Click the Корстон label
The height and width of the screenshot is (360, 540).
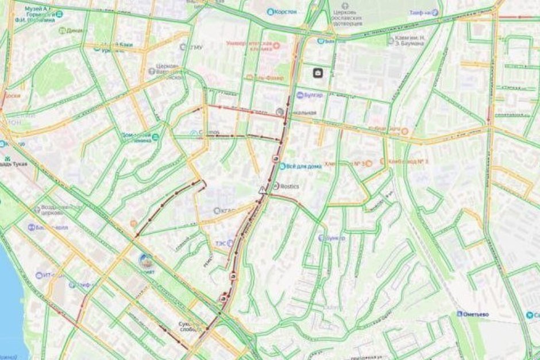pyautogui.click(x=285, y=11)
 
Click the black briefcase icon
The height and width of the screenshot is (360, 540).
pyautogui.click(x=318, y=73)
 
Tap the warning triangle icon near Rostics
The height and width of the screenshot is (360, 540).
pyautogui.click(x=263, y=189)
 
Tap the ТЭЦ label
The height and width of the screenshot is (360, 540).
pyautogui.click(x=221, y=243)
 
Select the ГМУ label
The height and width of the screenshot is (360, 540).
pyautogui.click(x=195, y=47)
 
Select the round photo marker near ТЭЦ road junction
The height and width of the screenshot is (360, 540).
pyautogui.click(x=146, y=260)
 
